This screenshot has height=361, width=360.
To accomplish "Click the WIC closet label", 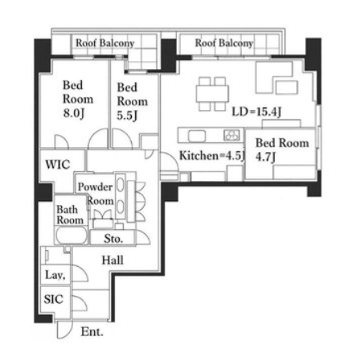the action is [x=58, y=164].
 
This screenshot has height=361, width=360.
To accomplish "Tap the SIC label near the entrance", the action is [x=54, y=299].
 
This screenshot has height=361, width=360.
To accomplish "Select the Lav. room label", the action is [x=55, y=275].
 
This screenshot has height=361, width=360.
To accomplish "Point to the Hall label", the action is [x=112, y=260].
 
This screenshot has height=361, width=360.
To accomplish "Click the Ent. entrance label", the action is [x=92, y=332].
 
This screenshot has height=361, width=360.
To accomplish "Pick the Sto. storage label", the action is [x=113, y=238].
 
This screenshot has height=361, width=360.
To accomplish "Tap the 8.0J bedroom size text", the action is [x=74, y=113].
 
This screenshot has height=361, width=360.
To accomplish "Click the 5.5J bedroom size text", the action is [x=127, y=116].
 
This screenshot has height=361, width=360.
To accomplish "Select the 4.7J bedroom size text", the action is [x=265, y=157].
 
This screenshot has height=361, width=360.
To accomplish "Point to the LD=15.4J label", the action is [x=256, y=112].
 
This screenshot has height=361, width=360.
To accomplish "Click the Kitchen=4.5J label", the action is [x=212, y=155].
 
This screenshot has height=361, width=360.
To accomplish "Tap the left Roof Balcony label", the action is [x=105, y=43].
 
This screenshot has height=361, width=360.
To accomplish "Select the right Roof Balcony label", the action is [x=224, y=43].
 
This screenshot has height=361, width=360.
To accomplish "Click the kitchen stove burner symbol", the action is [x=231, y=135].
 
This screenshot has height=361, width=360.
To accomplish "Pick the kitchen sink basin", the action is [x=197, y=136].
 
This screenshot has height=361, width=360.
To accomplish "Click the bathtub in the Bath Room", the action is [x=72, y=236].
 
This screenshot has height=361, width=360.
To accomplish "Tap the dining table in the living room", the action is [x=212, y=93].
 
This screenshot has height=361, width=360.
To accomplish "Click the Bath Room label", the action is [x=70, y=215].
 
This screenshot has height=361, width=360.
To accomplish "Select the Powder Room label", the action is [x=96, y=194].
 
